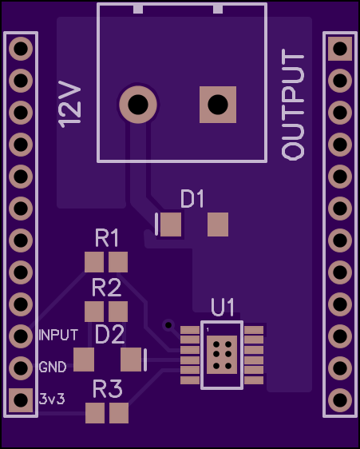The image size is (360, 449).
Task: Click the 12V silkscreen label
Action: (69, 104)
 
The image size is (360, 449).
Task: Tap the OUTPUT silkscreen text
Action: (292, 104)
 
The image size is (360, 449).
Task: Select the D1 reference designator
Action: (192, 198)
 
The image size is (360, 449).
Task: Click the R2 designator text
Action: (106, 288)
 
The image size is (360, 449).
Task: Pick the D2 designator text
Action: (109, 334)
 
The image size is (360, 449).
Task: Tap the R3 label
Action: (108, 389)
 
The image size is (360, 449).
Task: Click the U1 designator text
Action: (223, 307)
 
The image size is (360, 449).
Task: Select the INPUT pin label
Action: (58, 335)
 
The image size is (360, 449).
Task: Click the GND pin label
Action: (53, 367)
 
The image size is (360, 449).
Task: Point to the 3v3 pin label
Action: (52, 399)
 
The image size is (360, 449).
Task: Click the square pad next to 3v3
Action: (21, 400)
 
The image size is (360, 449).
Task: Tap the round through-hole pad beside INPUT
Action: (21, 336)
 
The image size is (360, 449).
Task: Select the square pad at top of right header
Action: (340, 49)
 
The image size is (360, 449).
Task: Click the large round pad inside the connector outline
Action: (138, 105)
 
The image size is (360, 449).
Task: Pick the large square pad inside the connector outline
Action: (218, 105)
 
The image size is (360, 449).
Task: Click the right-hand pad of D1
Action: (218, 224)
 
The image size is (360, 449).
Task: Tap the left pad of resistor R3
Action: (95, 413)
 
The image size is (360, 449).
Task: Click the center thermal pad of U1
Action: (222, 355)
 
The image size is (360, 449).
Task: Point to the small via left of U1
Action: (168, 325)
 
